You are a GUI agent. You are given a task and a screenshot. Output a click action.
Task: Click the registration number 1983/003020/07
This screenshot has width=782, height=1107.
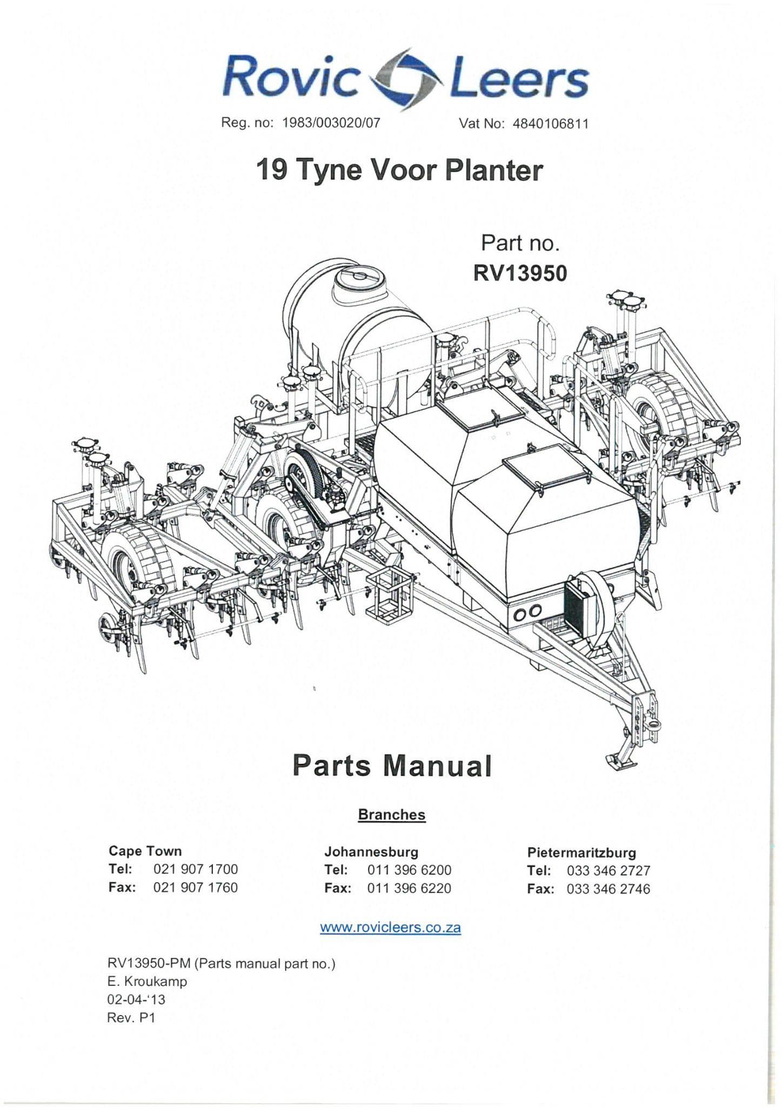coord(331,123)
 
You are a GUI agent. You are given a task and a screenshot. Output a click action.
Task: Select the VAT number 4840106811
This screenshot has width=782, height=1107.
coord(550,124)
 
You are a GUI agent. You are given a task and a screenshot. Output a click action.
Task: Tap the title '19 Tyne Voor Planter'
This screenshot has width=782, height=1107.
coord(399,170)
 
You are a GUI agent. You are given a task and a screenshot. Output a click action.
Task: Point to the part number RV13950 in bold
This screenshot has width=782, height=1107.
coord(520,274)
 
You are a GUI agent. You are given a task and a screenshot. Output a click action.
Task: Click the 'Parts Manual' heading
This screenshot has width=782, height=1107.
coord(392,766)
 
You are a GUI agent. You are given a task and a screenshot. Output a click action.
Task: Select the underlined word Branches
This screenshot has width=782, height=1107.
coord(392,815)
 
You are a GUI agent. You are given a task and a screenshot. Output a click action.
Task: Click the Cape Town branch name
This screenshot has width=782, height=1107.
coord(145,851)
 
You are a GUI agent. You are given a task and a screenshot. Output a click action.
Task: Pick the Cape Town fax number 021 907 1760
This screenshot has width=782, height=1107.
coord(196,887)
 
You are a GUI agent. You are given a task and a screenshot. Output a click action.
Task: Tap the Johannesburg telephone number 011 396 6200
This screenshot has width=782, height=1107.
coord(409,870)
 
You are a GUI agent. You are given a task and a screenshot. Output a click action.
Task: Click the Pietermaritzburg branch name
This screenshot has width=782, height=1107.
coord(582,852)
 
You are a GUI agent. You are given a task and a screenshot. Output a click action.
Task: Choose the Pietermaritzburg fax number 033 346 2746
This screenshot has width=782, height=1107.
coord(609,889)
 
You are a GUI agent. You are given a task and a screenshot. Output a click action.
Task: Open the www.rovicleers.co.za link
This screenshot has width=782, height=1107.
coord(390,928)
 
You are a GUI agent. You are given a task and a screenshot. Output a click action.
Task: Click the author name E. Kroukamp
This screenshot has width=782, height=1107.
coord(148,981)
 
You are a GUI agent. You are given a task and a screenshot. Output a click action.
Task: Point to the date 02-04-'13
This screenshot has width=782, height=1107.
coord(136,999)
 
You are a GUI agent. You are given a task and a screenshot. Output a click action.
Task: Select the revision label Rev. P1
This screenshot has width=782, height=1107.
coord(131,1017)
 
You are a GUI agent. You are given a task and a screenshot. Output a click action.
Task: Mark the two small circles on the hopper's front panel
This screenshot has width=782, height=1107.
coord(528,612)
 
